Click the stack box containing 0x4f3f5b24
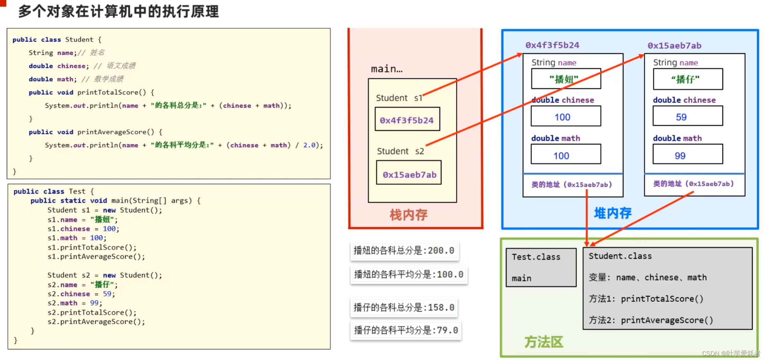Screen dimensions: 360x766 click(x=407, y=119)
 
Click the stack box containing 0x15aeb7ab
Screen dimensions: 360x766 click(x=409, y=173)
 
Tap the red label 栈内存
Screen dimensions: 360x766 click(x=408, y=215)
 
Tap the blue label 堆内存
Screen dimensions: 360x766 click(x=613, y=213)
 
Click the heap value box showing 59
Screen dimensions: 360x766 click(x=688, y=116)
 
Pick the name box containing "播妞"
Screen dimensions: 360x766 click(x=566, y=79)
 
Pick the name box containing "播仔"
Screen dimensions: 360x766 click(x=688, y=79)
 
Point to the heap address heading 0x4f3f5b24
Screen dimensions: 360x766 click(x=552, y=45)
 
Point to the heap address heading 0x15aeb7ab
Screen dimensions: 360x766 click(x=674, y=45)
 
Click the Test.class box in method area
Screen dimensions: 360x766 click(x=541, y=267)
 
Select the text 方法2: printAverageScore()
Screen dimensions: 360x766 click(x=651, y=320)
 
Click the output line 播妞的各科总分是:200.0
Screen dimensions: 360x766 click(x=404, y=251)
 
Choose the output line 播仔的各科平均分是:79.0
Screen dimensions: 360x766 click(x=406, y=330)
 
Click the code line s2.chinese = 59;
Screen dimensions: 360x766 click(x=81, y=294)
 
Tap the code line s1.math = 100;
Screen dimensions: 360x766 click(x=77, y=238)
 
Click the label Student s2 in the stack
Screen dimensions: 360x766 click(x=400, y=151)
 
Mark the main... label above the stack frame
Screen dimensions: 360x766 click(x=386, y=69)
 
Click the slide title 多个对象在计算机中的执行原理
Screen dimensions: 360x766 click(x=118, y=12)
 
